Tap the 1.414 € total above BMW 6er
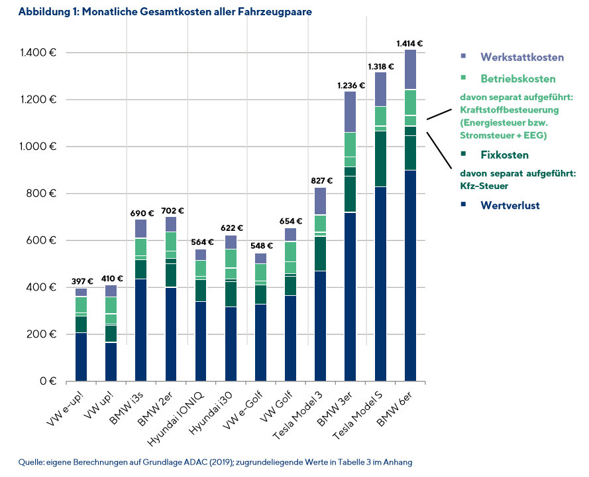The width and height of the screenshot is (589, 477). (409, 44)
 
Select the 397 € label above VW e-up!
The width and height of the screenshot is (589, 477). (81, 282)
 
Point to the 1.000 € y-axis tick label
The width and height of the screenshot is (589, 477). (37, 147)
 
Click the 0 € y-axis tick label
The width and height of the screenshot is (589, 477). (46, 381)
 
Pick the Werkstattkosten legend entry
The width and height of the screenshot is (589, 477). (522, 57)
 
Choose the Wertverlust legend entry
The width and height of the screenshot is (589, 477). (510, 205)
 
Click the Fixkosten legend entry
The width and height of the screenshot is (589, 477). (504, 155)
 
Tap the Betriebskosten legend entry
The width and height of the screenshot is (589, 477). (518, 79)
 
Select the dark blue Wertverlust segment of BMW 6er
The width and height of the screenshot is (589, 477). (410, 275)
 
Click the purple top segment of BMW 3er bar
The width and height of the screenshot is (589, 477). (350, 111)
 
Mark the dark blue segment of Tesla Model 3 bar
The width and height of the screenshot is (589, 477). (320, 326)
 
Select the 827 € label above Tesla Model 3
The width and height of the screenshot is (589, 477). (320, 181)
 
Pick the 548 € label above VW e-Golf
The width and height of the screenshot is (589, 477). (260, 245)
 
